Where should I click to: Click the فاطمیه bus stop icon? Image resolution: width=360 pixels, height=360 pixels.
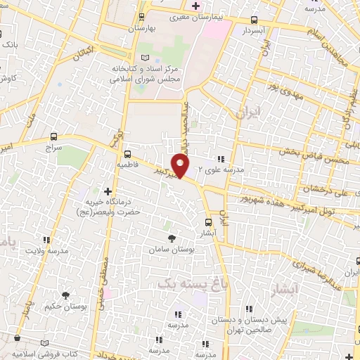127,154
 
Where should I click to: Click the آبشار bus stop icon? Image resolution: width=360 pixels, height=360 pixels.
207,222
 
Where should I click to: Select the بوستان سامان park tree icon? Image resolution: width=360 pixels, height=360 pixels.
173,239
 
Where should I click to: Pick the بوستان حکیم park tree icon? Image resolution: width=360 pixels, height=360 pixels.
65,296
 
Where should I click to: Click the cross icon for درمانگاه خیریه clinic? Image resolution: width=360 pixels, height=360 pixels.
108,191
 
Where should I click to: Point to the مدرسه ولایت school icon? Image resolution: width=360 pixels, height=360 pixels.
48,240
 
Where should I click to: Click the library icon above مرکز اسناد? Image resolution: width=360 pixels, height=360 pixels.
145,57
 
